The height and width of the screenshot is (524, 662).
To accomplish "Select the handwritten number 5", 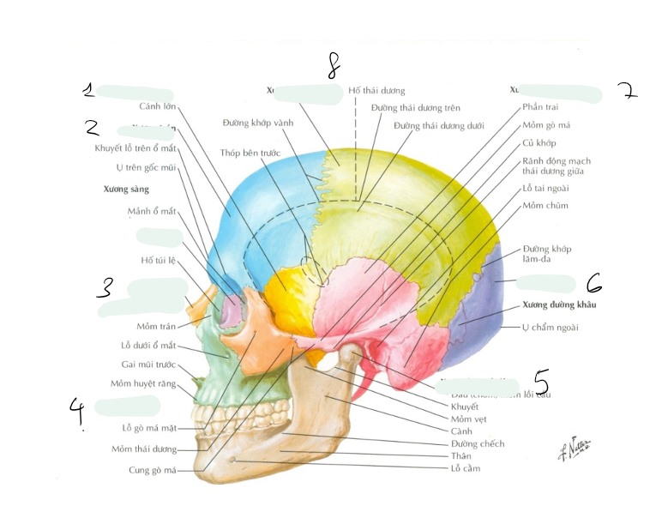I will [x=540, y=379].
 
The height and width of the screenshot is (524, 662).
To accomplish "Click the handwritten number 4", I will [x=78, y=413].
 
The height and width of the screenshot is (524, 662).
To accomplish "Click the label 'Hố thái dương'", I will [x=376, y=91].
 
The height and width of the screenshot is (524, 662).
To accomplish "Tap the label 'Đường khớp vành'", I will [x=257, y=123].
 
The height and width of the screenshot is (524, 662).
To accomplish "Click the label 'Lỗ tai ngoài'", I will [x=545, y=188].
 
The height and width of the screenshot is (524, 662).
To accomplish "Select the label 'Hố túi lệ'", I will [x=159, y=260].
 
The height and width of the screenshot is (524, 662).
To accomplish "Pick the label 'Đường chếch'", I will [x=478, y=443].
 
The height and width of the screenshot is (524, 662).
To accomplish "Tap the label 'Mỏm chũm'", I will [x=545, y=206].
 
